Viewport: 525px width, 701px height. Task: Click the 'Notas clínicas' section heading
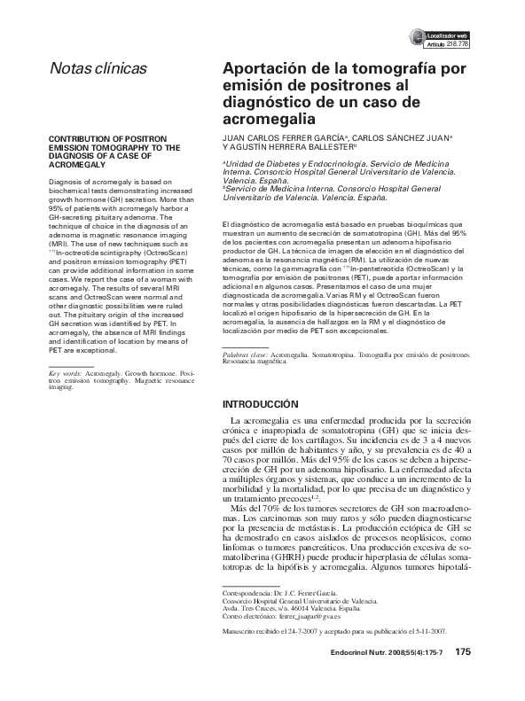[x=98, y=68]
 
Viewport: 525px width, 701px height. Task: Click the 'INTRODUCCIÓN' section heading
[x=265, y=404]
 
